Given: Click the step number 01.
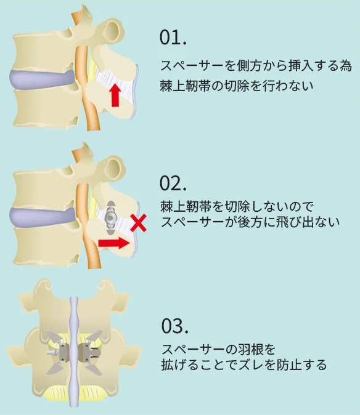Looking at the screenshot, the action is [173, 38].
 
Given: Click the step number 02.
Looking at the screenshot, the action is [173, 183].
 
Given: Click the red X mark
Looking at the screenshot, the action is [138, 223].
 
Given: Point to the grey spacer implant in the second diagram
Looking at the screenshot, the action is [111, 217].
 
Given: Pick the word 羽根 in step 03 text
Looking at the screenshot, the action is [250, 349].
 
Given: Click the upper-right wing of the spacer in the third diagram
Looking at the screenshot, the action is [94, 337].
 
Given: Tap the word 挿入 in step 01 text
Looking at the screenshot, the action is [301, 66].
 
